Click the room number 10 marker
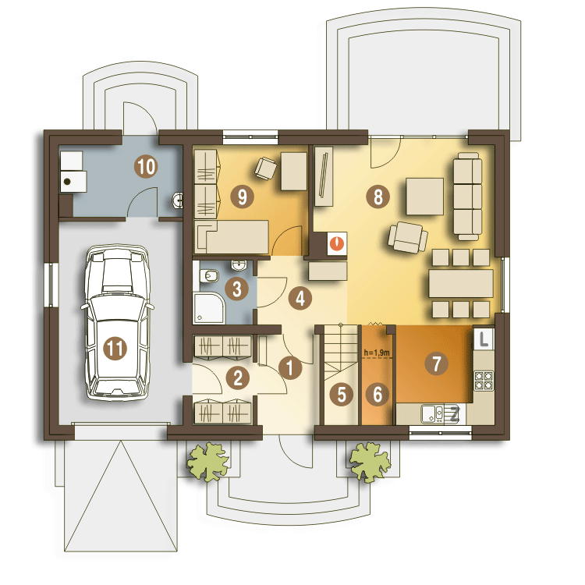click(x=147, y=166)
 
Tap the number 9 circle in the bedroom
click(x=242, y=197)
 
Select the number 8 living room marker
click(x=378, y=197)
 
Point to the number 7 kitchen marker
click(x=437, y=363)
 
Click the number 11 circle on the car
click(x=115, y=348)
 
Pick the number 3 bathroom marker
click(x=237, y=289)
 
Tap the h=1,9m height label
click(x=377, y=353)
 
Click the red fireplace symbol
click(x=337, y=243)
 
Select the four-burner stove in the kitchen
click(x=484, y=380)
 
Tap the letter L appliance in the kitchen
click(x=484, y=339)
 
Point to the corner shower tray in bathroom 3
click(x=209, y=308)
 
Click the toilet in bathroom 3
click(x=209, y=276)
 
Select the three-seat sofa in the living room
click(x=468, y=197)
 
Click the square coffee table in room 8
click(x=425, y=197)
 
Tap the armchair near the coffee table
click(x=408, y=237)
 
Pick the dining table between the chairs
click(x=461, y=283)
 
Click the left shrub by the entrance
click(x=207, y=462)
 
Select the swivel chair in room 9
click(x=265, y=168)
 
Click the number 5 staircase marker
click(x=342, y=395)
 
